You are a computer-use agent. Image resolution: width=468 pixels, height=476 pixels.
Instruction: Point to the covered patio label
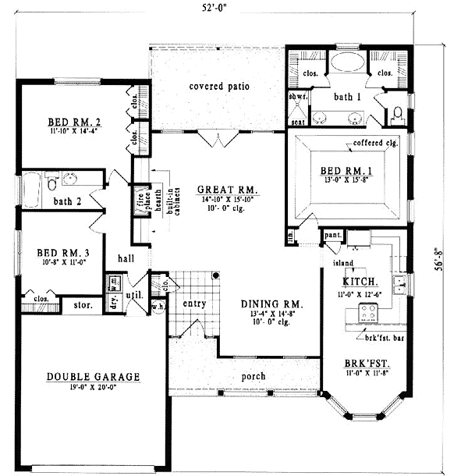[x=219, y=87]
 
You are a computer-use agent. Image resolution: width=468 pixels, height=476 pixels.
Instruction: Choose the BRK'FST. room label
[x=366, y=364]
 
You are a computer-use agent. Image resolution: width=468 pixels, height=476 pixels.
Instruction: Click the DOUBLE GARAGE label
[x=93, y=377]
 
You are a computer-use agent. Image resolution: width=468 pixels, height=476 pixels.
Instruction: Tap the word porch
[x=253, y=376]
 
